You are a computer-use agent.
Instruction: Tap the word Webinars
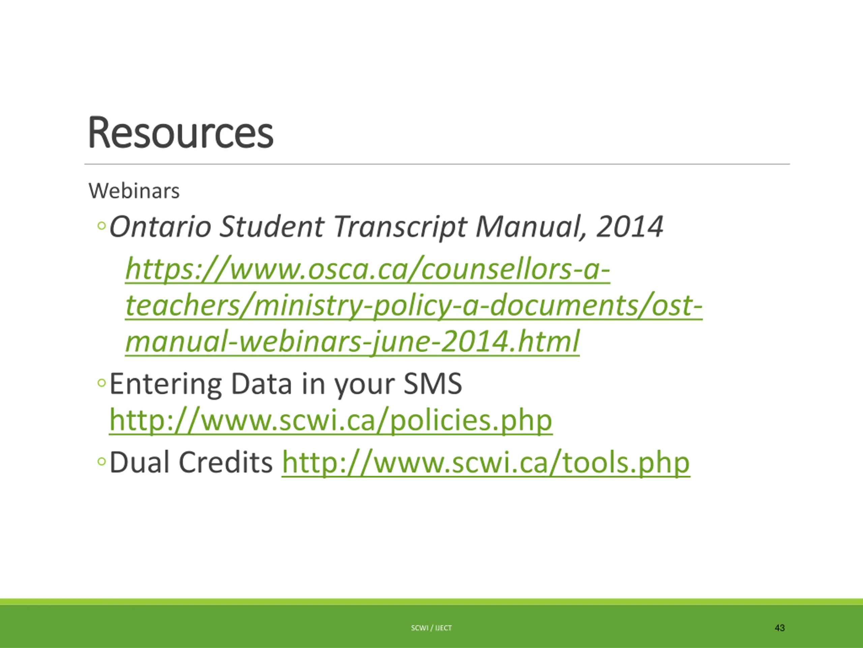coord(134,191)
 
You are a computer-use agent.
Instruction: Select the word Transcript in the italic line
coord(400,227)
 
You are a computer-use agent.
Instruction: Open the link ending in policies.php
coord(330,420)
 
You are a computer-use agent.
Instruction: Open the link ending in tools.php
coord(486,462)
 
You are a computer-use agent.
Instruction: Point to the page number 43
coord(779,628)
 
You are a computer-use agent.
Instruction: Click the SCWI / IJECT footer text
coord(431,628)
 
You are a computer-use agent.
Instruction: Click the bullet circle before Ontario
coord(101,226)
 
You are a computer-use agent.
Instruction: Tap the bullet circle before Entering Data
coord(101,383)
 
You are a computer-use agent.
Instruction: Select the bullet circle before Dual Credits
coord(101,462)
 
